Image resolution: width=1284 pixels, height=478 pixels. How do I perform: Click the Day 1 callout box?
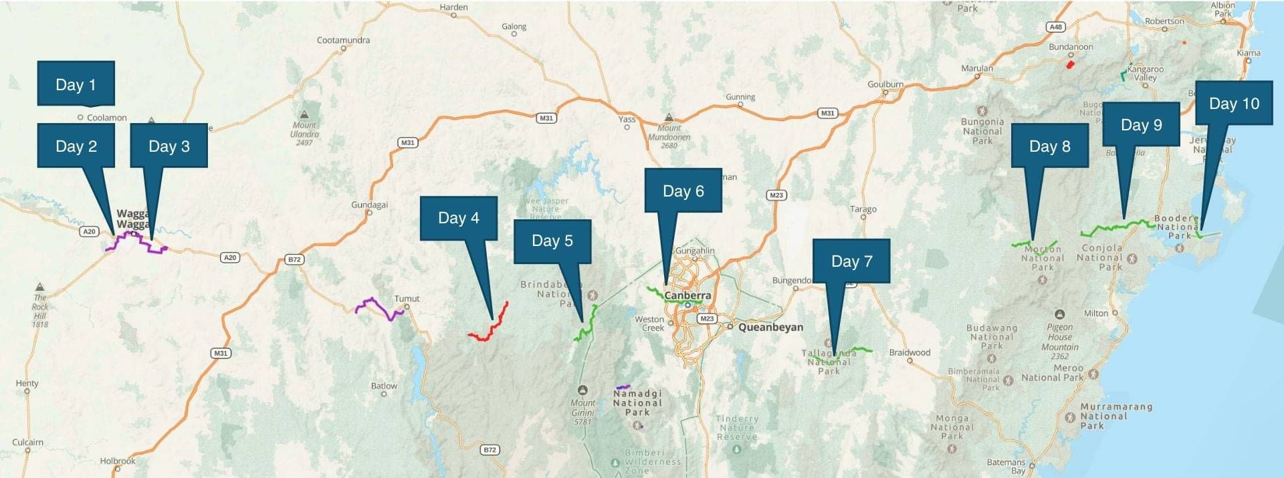tap(76, 84)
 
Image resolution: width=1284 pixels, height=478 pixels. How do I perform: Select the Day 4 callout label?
tap(458, 218)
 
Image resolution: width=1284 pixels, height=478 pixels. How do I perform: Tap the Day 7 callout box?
tap(851, 261)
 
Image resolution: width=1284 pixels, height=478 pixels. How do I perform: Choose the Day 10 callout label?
tap(1234, 104)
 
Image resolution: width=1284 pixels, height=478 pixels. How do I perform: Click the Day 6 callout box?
tap(683, 191)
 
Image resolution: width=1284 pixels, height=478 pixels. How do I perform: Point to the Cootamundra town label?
tap(343, 40)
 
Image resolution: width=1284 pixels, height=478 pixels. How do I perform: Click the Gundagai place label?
tap(370, 205)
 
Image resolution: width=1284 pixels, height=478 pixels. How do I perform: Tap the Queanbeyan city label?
tap(770, 327)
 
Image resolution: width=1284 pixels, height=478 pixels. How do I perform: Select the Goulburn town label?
tap(885, 84)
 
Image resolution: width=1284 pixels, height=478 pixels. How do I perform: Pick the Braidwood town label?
tap(909, 352)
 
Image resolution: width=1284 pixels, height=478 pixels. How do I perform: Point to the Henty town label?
tap(27, 383)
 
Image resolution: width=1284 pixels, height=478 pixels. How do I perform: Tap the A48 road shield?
tap(1055, 27)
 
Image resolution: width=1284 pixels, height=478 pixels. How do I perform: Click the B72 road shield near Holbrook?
tap(490, 450)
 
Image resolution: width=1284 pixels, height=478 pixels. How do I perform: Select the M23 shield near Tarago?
tap(776, 195)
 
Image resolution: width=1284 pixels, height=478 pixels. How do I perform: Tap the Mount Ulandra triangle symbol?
tap(305, 114)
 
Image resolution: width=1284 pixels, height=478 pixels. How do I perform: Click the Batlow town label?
tap(384, 386)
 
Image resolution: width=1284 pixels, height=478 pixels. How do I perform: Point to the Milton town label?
tap(1095, 313)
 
